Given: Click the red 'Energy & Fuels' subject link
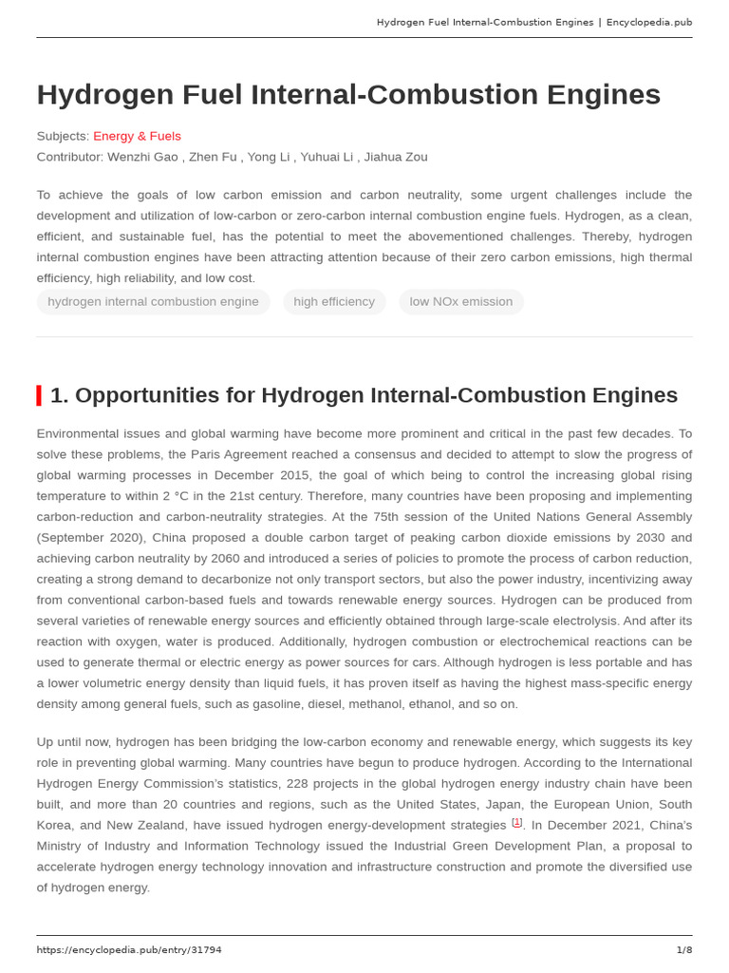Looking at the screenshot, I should (137, 136).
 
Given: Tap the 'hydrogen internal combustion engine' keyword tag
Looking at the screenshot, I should (153, 301).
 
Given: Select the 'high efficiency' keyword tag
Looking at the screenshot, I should (334, 301).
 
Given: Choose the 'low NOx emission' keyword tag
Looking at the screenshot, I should (460, 301).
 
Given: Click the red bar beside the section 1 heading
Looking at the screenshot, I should (39, 395).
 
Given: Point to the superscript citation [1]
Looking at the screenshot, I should (516, 823).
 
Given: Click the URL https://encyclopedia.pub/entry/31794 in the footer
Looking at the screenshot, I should (129, 949).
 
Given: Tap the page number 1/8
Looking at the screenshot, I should (683, 949).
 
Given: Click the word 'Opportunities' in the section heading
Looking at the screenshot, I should (132, 395).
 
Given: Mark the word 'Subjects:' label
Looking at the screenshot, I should (63, 136).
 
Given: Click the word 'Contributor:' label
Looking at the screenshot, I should (70, 157).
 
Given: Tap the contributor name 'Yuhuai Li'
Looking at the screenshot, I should (328, 157).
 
